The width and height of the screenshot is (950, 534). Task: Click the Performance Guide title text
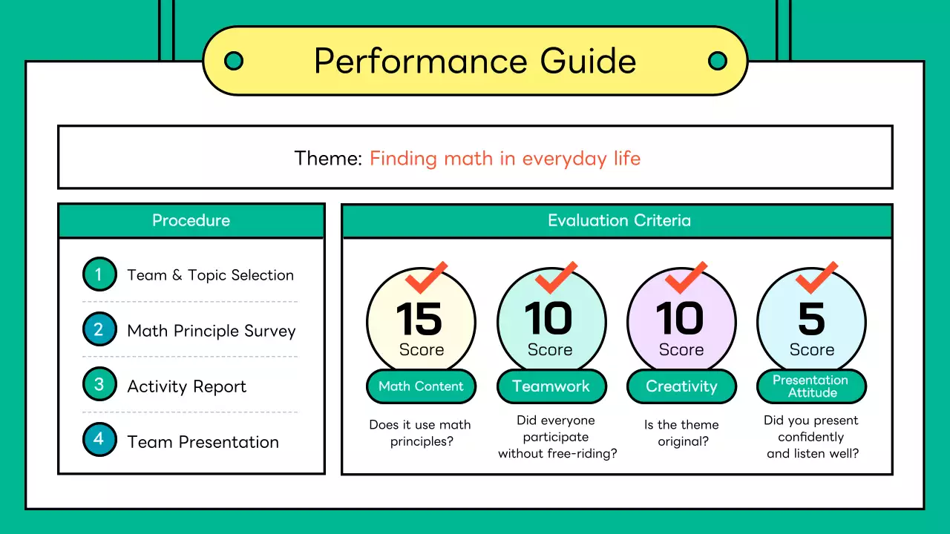tap(475, 61)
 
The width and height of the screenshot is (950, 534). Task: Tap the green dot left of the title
tap(234, 61)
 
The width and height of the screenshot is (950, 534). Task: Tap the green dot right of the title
tap(718, 61)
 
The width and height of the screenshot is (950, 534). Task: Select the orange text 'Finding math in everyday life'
tap(505, 159)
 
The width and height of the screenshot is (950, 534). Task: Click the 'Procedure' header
tap(191, 220)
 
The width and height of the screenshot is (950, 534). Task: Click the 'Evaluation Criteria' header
tap(619, 220)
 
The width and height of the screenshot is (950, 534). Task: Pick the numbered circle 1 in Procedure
tap(99, 274)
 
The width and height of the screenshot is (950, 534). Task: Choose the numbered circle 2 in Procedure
tap(99, 329)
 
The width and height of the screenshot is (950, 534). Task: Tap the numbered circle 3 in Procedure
tap(99, 384)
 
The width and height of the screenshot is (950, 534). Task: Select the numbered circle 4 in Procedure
tap(99, 440)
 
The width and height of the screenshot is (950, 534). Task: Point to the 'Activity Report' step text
tap(186, 386)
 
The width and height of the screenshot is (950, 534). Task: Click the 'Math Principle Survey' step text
tap(212, 331)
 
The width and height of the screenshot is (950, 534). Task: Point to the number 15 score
tap(419, 318)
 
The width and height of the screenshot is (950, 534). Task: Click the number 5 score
tap(812, 318)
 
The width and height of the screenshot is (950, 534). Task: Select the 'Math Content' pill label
tap(421, 386)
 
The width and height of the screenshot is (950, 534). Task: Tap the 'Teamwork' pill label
tap(551, 386)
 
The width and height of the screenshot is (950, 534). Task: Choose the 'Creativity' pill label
tap(681, 386)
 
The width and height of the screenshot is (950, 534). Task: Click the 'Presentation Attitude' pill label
tap(812, 386)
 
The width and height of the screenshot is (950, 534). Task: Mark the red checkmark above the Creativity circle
tap(686, 277)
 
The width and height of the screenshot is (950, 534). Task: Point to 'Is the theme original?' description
tap(682, 432)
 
